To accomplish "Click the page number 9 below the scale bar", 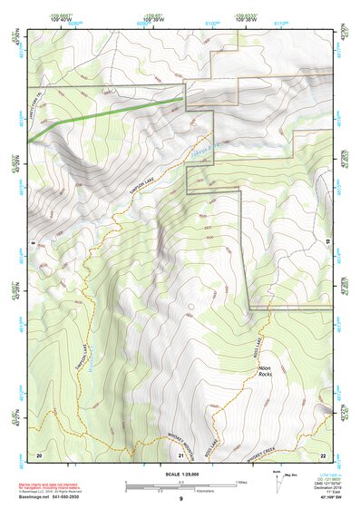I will coord(180,500).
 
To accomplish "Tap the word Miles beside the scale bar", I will coord(240,482).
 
